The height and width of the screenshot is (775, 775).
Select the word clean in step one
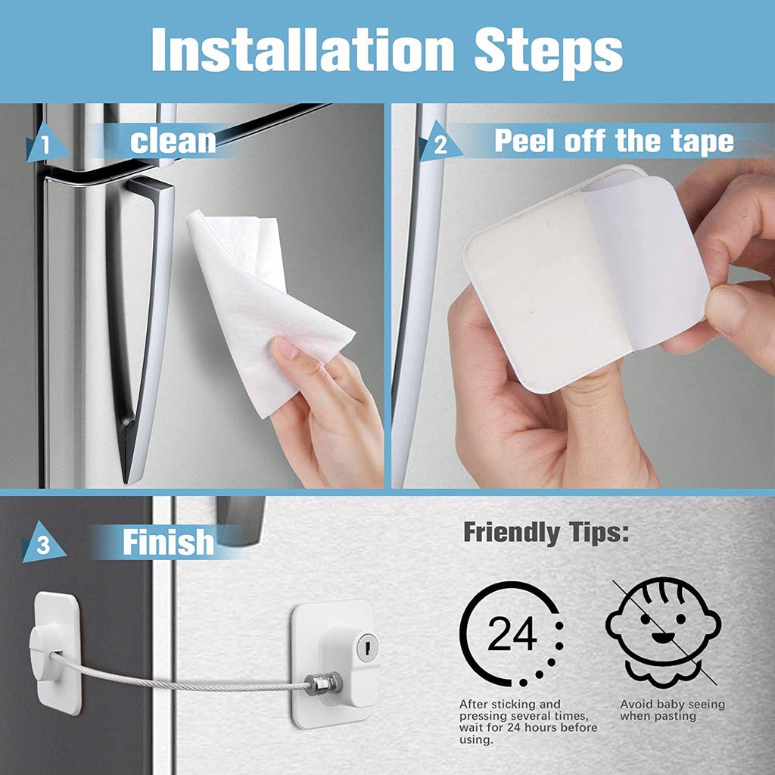173,142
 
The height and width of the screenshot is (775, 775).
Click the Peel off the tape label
614,142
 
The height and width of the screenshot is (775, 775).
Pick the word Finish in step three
168,543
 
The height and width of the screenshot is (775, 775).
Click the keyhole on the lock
367,647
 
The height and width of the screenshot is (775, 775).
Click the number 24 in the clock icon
512,634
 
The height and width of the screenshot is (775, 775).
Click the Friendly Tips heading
546,533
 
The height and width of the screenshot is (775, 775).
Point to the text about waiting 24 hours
528,721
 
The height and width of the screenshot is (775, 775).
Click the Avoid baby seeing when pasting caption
672,709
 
